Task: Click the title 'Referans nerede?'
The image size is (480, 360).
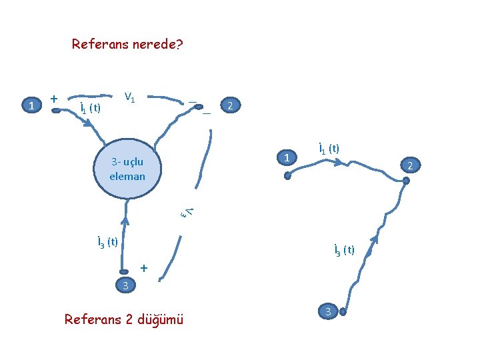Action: pos(127,45)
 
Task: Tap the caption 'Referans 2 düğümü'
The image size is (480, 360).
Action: pos(123,319)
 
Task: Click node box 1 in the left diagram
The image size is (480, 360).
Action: pos(31,105)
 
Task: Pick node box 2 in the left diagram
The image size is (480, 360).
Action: pos(231,106)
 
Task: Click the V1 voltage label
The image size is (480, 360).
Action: pos(130,99)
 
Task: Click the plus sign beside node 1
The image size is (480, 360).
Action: pos(53,98)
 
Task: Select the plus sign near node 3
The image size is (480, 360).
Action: pos(143,268)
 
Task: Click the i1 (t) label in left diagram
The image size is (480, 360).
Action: pos(89,107)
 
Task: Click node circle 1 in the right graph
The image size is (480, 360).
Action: pos(287,158)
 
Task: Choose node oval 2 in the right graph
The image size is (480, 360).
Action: pos(411,165)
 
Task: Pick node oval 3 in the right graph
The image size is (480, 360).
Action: pos(327,311)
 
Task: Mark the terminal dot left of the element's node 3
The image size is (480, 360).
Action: pos(123,271)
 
